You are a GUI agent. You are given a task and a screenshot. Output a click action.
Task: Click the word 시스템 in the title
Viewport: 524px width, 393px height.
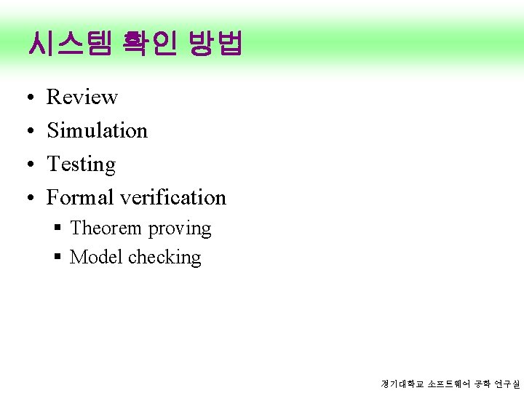[68, 44]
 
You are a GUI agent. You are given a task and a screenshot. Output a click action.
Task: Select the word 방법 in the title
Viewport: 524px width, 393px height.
[215, 44]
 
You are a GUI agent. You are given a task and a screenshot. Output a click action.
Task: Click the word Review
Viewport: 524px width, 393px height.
[82, 97]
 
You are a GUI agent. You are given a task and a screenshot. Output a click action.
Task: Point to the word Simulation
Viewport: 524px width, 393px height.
[97, 130]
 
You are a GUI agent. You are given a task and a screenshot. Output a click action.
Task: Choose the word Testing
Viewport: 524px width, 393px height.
[81, 164]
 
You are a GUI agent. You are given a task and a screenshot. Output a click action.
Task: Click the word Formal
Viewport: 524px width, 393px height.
[80, 197]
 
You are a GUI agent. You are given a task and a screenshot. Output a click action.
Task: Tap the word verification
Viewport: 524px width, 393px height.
[173, 197]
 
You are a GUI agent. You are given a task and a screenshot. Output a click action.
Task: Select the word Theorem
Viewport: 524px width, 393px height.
[106, 229]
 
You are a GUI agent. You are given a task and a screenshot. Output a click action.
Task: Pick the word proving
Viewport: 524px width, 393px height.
[179, 229]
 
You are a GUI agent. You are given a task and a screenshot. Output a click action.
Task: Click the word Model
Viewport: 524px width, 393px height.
[96, 257]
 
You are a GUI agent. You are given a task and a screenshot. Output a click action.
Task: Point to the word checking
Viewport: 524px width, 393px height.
[164, 258]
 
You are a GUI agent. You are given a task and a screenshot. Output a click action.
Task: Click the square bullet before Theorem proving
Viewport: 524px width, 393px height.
[57, 229]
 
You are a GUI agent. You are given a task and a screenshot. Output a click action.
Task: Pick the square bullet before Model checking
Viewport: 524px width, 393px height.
[57, 258]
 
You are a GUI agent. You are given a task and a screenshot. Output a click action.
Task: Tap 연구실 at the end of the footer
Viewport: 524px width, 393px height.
[507, 384]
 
